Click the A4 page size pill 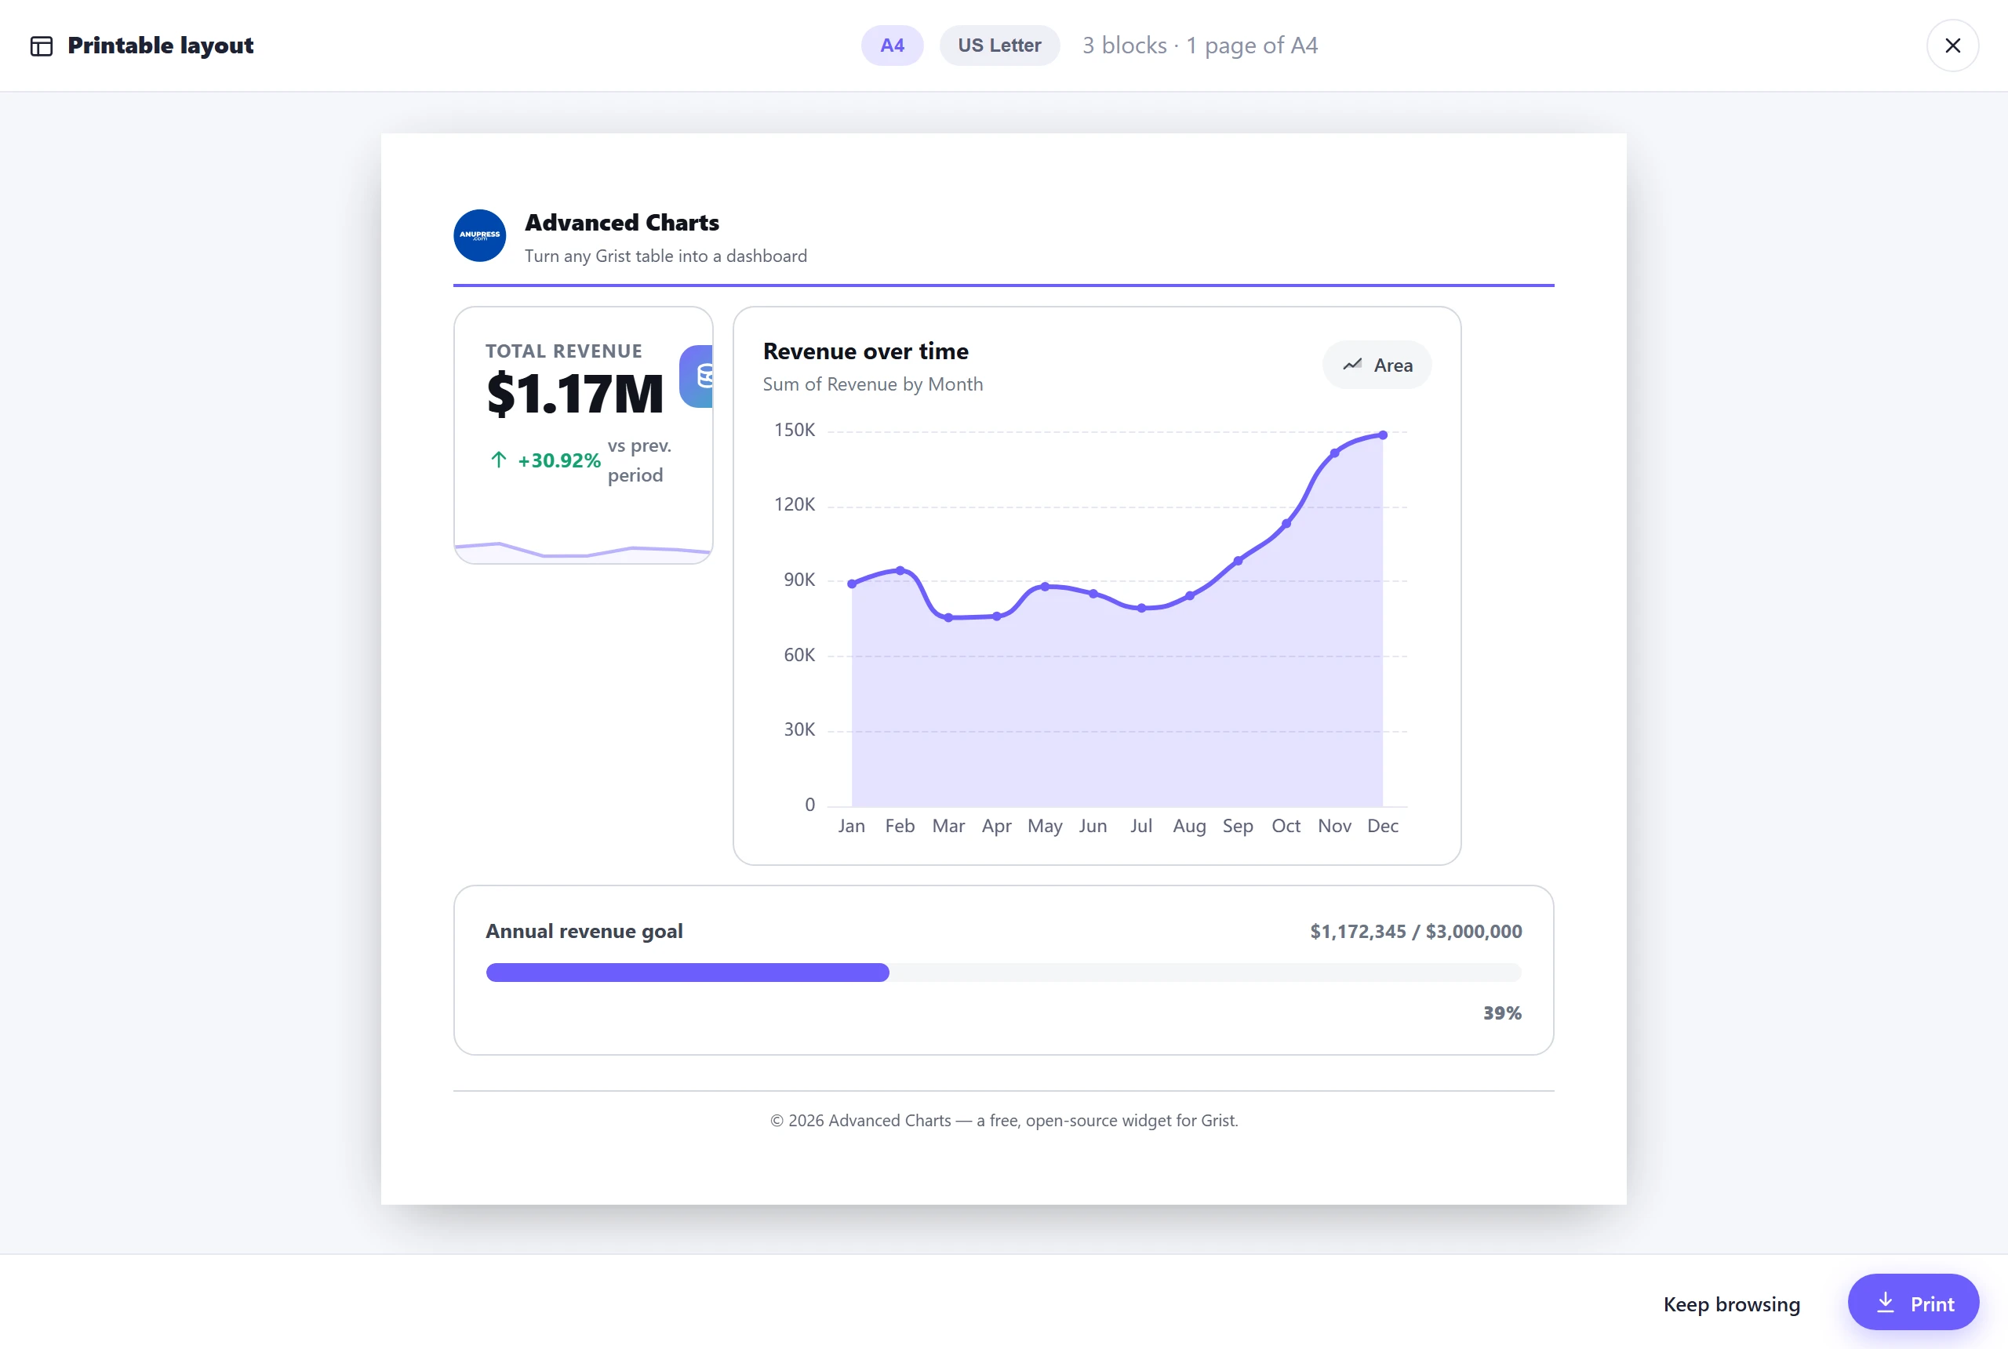tap(892, 45)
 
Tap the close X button tap(1952, 45)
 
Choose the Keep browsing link tap(1731, 1304)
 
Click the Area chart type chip tap(1377, 365)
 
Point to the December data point tap(1383, 435)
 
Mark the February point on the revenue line tap(900, 570)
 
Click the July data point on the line tap(1140, 609)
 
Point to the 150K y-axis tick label tap(794, 430)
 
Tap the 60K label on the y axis tap(798, 656)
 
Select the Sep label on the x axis tap(1237, 826)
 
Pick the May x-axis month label tap(1045, 826)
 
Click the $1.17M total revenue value tap(575, 394)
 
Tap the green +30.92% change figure tap(558, 460)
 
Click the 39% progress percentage tap(1502, 1013)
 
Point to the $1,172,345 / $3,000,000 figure tap(1415, 931)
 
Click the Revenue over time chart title tap(865, 351)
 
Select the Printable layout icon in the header tap(42, 45)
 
